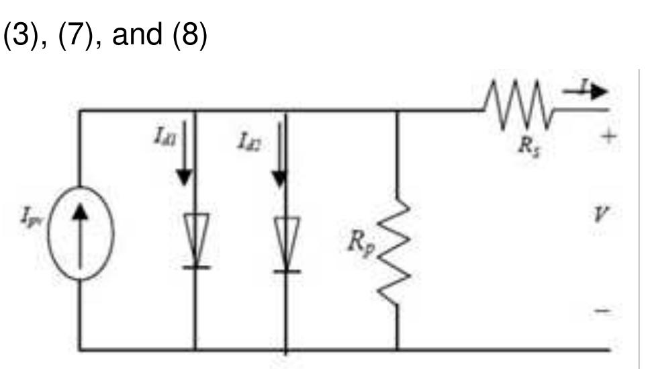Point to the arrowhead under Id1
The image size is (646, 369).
pyautogui.click(x=184, y=177)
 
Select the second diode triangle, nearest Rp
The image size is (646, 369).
pyautogui.click(x=286, y=239)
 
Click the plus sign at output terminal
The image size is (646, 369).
pyautogui.click(x=607, y=136)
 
